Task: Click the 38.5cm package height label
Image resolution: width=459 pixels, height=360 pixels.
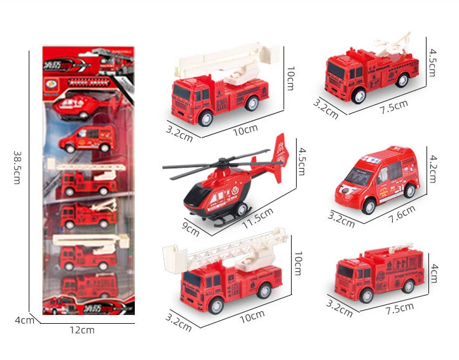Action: click(x=18, y=167)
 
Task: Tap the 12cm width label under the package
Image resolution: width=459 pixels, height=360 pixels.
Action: click(x=82, y=330)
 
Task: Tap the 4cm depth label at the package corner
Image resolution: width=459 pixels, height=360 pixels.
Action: click(x=24, y=320)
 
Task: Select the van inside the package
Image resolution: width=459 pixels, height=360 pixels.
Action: click(x=88, y=139)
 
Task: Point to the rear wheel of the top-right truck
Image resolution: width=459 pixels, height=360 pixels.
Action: click(x=403, y=79)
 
